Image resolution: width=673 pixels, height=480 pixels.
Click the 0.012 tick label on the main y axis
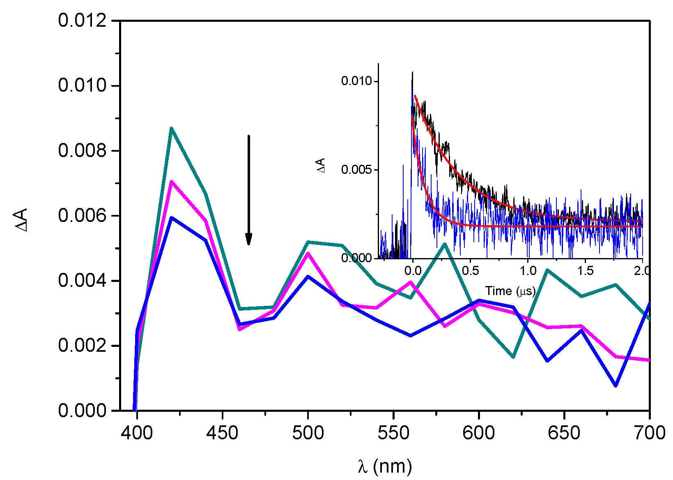(x=82, y=21)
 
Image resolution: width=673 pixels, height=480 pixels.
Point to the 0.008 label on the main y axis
(x=82, y=151)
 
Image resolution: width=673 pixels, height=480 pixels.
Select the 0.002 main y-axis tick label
(x=82, y=346)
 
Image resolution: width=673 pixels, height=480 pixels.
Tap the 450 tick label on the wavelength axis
(x=222, y=433)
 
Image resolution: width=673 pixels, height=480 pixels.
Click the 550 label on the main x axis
(x=393, y=433)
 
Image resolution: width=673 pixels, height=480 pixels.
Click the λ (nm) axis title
(x=384, y=466)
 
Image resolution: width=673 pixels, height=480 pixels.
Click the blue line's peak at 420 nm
(x=171, y=217)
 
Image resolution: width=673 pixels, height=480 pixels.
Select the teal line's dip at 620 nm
(x=513, y=357)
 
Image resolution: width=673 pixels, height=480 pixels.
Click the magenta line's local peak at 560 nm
(x=411, y=282)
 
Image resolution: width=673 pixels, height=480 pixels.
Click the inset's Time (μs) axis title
(x=510, y=291)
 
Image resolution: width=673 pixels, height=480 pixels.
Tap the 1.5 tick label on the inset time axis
(x=585, y=270)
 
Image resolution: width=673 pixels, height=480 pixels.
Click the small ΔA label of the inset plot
(x=321, y=165)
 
